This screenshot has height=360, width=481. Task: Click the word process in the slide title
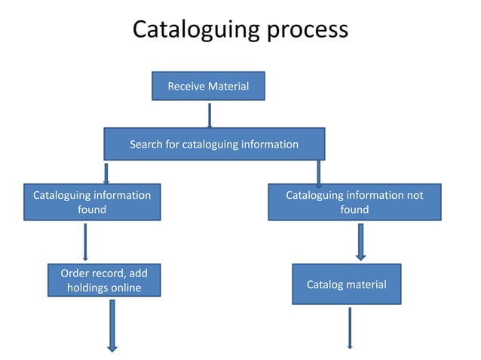pos(308,30)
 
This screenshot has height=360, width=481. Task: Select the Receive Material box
pos(208,86)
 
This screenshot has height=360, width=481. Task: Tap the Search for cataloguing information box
pos(214,144)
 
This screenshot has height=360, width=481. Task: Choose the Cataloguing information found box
pos(92,202)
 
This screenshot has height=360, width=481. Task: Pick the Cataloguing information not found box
pos(354,202)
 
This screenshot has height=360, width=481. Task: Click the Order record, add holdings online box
pos(104,281)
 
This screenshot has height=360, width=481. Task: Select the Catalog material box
pos(346,284)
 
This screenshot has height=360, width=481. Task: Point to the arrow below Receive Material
pos(209,115)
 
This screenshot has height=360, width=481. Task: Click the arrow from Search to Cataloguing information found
pos(106,172)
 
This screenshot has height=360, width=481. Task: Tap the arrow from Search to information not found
pos(319,172)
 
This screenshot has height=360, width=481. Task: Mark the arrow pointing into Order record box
pos(85,242)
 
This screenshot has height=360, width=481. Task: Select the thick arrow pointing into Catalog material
pos(360,241)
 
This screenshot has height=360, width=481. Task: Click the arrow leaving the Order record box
pos(112,325)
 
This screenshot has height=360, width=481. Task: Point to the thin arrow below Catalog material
pos(350,327)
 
